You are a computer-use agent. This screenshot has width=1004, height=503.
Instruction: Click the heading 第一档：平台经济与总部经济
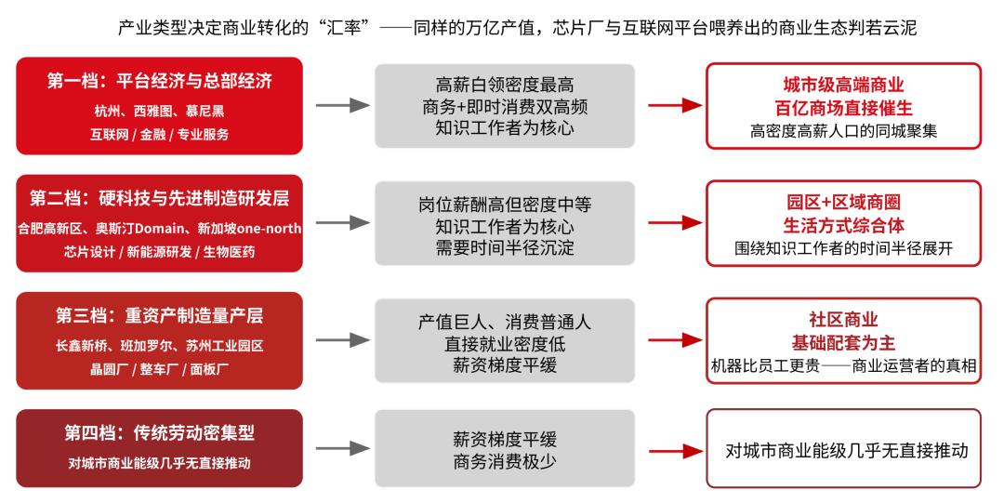click(160, 81)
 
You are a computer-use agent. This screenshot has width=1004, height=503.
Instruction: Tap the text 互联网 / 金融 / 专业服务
click(160, 135)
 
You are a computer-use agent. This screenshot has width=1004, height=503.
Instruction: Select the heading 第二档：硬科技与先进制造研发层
click(160, 198)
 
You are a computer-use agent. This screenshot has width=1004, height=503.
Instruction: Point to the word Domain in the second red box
click(163, 228)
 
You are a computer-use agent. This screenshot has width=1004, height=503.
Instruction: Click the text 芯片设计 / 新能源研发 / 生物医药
click(160, 252)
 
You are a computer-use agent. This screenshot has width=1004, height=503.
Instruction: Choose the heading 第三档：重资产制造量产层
click(160, 315)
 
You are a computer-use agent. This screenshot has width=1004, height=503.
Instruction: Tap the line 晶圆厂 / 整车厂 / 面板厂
click(160, 369)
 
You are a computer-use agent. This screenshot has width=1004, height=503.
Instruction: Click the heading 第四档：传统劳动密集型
click(160, 433)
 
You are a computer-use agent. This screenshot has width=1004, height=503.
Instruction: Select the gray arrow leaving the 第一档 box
click(342, 105)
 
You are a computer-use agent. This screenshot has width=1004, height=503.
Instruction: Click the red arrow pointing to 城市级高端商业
click(676, 105)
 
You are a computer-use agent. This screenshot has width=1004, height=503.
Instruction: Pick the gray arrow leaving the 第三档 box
click(342, 340)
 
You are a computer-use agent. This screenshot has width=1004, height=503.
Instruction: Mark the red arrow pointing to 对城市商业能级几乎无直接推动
click(676, 451)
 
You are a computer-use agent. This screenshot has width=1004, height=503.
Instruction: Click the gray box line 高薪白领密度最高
click(505, 85)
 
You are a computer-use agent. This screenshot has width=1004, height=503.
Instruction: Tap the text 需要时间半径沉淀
click(505, 248)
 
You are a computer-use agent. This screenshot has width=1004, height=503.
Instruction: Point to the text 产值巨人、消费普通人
click(505, 322)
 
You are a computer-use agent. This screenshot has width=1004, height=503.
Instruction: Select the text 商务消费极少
click(505, 461)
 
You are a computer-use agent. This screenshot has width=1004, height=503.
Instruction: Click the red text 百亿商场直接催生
click(843, 108)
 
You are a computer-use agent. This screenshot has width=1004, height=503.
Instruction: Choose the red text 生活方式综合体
click(843, 225)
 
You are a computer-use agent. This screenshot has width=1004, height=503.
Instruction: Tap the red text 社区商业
click(843, 320)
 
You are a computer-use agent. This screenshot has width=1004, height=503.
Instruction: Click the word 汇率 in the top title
click(344, 28)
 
